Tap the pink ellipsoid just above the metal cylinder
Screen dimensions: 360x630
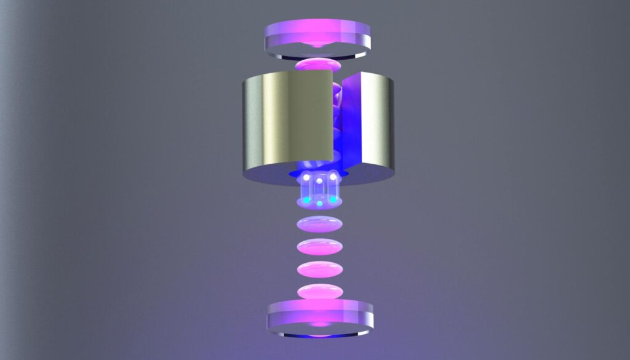coord(317,65)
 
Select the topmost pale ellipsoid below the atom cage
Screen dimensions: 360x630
coord(319,224)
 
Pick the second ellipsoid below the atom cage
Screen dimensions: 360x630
coord(319,247)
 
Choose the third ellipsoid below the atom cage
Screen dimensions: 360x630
coord(319,270)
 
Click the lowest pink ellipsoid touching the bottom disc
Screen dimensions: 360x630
coord(319,291)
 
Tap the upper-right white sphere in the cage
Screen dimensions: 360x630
coord(333,177)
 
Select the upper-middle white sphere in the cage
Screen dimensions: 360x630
coord(319,182)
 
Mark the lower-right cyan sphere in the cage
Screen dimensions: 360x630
coord(333,199)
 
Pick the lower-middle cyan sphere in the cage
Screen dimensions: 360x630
coord(319,203)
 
